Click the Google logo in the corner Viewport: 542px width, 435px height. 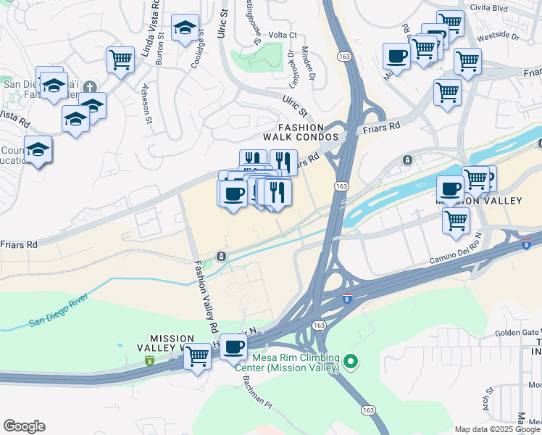tap(24, 426)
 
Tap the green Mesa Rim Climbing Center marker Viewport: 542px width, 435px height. tap(351, 360)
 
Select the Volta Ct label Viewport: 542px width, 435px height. tap(283, 34)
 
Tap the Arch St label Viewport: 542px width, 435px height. tap(487, 400)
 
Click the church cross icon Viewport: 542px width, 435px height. tap(91, 86)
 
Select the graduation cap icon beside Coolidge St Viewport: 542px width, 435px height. tap(185, 29)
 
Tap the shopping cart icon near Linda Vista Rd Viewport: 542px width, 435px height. tap(120, 58)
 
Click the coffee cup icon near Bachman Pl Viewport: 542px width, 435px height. tap(233, 347)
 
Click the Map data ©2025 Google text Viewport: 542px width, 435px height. tap(496, 428)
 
